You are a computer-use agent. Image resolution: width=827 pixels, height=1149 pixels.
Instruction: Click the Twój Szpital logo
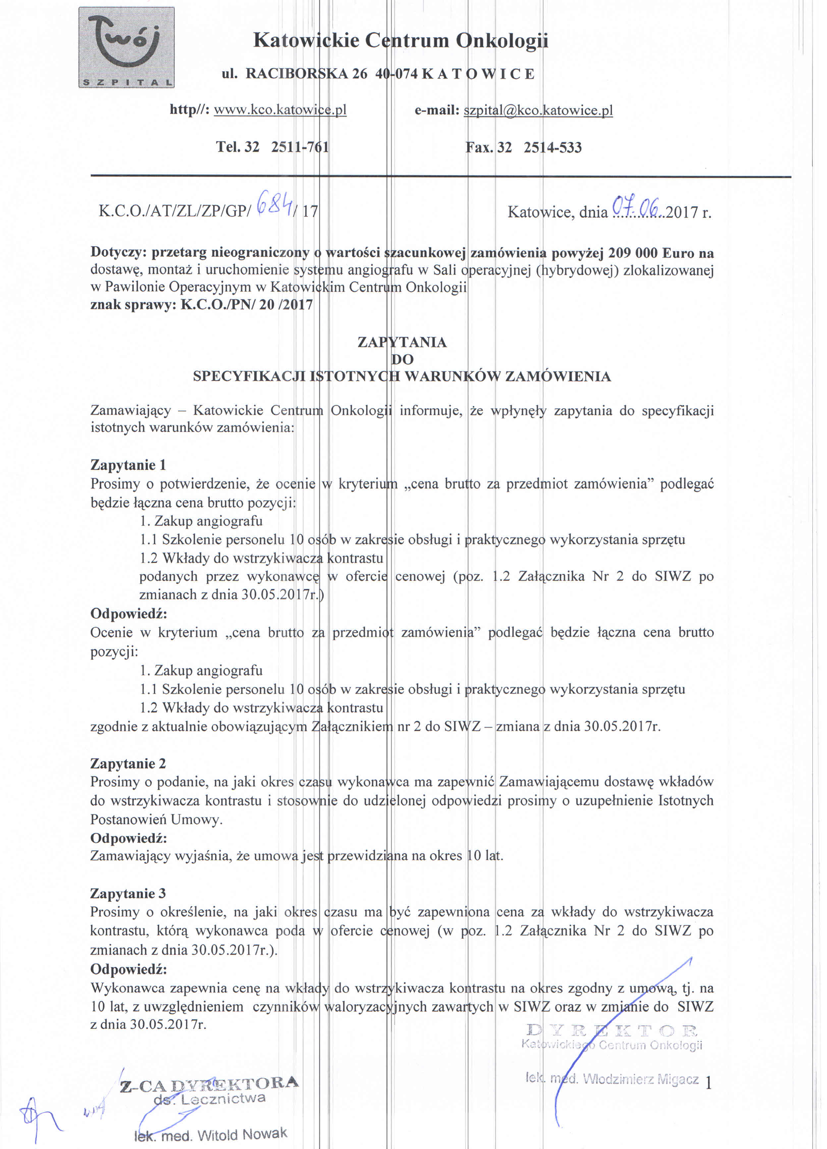126,47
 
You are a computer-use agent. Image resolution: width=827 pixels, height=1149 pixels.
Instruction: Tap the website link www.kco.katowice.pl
280,110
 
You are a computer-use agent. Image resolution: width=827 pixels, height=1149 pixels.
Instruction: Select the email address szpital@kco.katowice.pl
538,110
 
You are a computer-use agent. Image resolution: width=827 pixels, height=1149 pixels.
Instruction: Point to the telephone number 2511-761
300,147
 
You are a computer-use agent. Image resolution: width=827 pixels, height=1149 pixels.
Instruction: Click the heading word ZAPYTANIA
402,343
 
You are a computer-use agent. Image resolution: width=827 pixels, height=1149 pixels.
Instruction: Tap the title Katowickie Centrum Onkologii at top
400,40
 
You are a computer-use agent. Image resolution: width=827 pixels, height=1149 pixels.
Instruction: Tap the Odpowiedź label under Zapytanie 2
128,839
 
